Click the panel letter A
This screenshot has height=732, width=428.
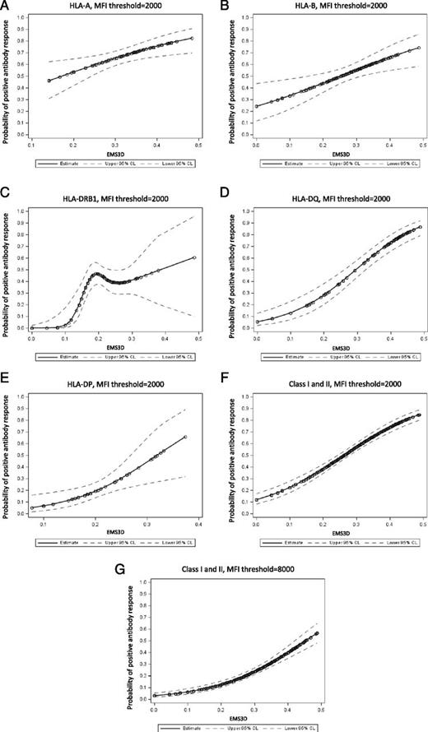[6, 7]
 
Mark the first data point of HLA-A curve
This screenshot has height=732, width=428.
[49, 81]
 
